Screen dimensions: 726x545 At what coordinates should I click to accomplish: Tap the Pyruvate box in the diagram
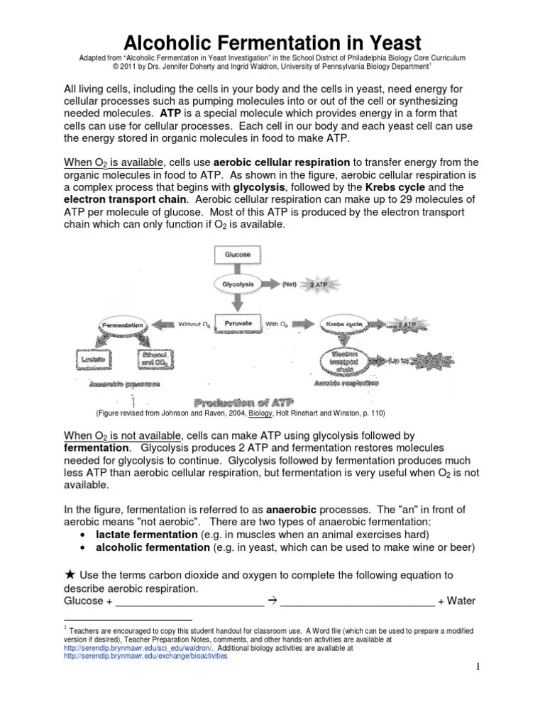click(x=237, y=323)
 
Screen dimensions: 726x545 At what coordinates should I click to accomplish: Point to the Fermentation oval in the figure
click(x=123, y=325)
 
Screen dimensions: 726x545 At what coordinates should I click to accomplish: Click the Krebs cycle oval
click(x=345, y=325)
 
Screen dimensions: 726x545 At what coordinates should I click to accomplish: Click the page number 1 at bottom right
click(x=478, y=666)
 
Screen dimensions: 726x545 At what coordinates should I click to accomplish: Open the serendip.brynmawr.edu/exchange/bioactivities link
click(x=145, y=656)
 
